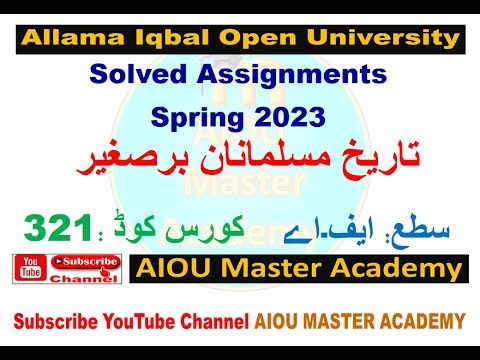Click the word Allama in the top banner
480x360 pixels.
click(67, 39)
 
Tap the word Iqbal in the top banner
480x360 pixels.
click(158, 39)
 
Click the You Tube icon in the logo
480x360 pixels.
click(29, 267)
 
